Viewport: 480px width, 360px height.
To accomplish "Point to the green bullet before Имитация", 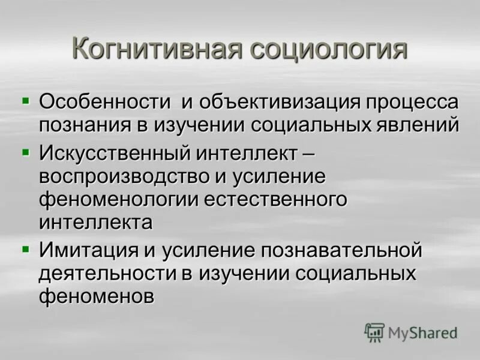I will tap(25, 245).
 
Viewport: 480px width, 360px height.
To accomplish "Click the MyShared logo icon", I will tap(374, 332).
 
